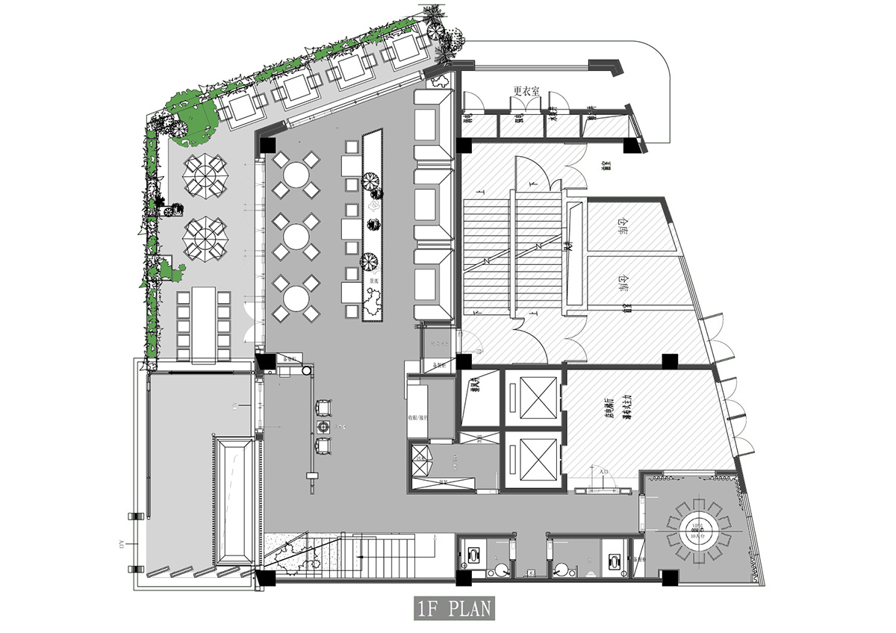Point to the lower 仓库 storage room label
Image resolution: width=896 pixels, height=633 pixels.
623,281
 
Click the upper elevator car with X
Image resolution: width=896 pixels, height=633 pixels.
532,393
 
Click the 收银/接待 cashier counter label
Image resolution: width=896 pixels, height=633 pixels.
417,417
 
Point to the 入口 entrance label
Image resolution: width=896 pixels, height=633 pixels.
604,472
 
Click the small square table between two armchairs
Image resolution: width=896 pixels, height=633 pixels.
324,426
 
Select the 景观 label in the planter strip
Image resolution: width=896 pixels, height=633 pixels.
371,281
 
